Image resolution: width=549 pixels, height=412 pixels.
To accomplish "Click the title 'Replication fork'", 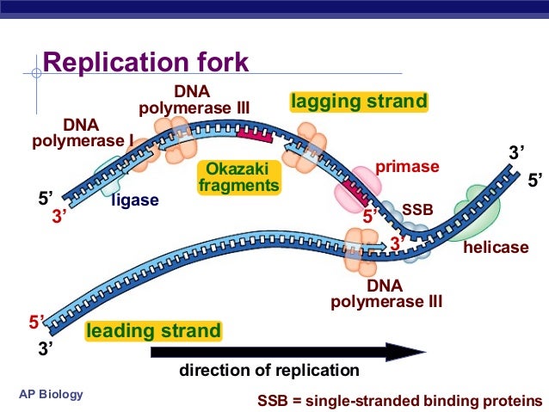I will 145,63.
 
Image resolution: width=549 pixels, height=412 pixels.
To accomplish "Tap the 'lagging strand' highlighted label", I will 359,102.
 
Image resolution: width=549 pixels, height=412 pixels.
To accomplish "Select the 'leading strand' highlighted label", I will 153,330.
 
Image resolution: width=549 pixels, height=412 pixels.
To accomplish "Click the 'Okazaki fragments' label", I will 238,177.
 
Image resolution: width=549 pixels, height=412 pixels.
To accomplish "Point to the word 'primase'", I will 407,167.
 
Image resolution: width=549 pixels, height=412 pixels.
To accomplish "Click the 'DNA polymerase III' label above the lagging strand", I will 194,100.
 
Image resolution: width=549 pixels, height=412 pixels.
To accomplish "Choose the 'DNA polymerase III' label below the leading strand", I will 386,293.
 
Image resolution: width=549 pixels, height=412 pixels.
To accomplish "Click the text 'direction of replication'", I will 268,371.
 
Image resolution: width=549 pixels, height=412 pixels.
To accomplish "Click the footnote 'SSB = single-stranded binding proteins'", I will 400,401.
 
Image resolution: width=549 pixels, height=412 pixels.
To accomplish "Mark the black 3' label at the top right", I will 516,153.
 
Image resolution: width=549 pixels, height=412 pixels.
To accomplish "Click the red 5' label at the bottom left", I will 37,323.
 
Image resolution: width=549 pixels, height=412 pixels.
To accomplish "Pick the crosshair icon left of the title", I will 35,74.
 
